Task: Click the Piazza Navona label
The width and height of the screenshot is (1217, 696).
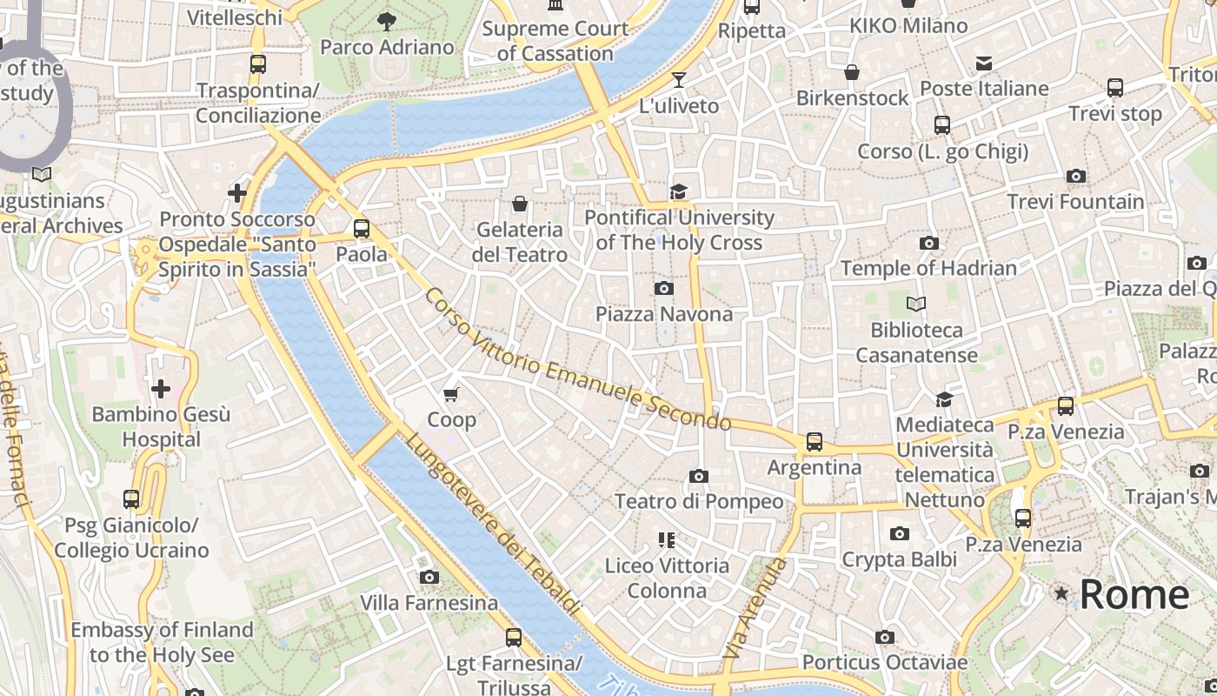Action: (664, 314)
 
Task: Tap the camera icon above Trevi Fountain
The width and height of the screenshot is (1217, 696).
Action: (1076, 177)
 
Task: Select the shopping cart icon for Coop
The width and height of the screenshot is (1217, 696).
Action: (451, 395)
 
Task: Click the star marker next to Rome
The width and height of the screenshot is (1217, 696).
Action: (1061, 593)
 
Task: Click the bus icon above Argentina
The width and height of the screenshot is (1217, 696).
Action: (815, 442)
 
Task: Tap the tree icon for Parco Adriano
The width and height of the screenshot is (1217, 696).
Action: (387, 22)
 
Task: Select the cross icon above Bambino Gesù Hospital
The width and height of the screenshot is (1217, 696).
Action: (161, 389)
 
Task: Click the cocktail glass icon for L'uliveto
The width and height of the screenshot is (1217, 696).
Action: (679, 80)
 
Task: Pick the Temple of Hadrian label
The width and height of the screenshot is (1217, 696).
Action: (928, 268)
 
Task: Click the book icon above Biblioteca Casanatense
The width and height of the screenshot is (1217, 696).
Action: (916, 304)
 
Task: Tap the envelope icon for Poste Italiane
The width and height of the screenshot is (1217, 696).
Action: (984, 64)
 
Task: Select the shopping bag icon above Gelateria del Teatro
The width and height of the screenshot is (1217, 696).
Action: (520, 204)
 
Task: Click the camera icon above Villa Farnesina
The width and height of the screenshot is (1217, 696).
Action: (429, 578)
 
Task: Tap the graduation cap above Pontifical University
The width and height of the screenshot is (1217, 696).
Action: (678, 191)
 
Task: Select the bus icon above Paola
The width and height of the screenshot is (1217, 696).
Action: (362, 230)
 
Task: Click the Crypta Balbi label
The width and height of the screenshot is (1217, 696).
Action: (899, 559)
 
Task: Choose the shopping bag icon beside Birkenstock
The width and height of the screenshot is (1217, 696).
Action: (852, 72)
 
